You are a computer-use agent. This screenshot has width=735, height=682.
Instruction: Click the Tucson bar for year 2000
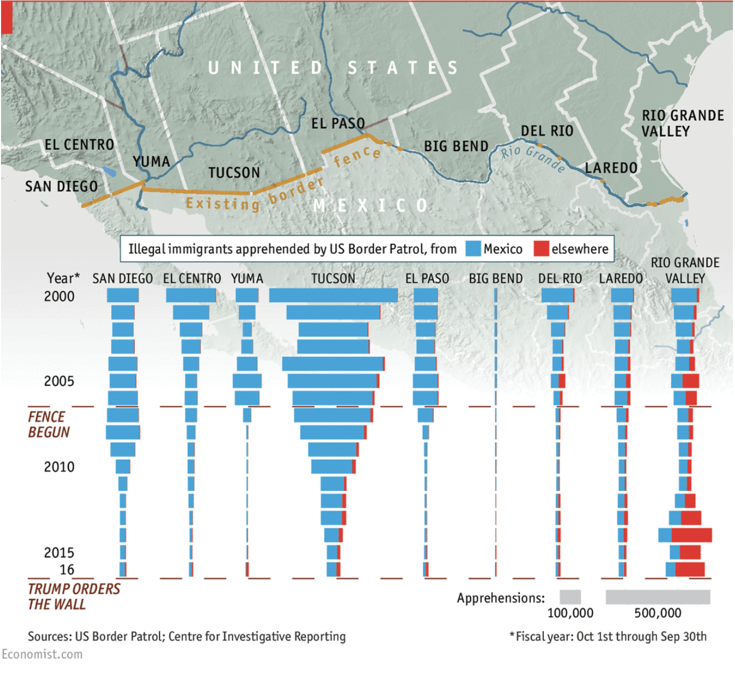(333, 295)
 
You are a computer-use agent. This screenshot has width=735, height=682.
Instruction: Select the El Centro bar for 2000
(191, 295)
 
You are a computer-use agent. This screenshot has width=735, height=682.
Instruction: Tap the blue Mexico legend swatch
(473, 249)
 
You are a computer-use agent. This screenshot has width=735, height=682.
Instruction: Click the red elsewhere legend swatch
(541, 249)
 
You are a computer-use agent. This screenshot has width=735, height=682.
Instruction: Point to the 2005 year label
(59, 381)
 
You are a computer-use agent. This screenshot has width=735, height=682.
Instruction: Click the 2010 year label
(59, 467)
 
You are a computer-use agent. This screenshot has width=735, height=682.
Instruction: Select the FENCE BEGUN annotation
(48, 425)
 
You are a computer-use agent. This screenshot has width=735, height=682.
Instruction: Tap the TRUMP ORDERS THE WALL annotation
(73, 597)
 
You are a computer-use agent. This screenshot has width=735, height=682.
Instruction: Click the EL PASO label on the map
(338, 124)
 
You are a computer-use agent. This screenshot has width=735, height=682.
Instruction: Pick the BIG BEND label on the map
(456, 146)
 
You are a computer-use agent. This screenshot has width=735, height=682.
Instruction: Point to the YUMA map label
(151, 162)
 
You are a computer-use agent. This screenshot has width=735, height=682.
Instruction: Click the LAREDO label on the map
(611, 168)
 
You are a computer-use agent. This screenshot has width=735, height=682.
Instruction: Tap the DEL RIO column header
(560, 279)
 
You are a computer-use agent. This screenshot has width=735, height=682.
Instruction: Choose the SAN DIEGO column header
(122, 279)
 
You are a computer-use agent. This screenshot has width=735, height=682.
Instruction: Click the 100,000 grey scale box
(570, 597)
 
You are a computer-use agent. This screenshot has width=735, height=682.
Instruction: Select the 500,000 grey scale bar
(658, 597)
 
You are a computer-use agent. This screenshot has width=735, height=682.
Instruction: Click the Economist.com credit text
(42, 654)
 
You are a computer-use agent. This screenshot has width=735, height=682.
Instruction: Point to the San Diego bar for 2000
(123, 295)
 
